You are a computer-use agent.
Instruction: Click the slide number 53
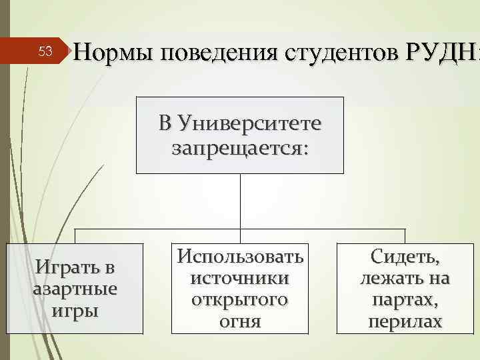pos(45,51)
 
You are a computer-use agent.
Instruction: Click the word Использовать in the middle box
pos(240,255)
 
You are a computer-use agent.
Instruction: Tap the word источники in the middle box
pos(240,277)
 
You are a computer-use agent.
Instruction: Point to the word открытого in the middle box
pos(240,299)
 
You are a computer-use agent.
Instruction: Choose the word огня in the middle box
pos(240,321)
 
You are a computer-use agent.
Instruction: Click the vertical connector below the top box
pos(240,200)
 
